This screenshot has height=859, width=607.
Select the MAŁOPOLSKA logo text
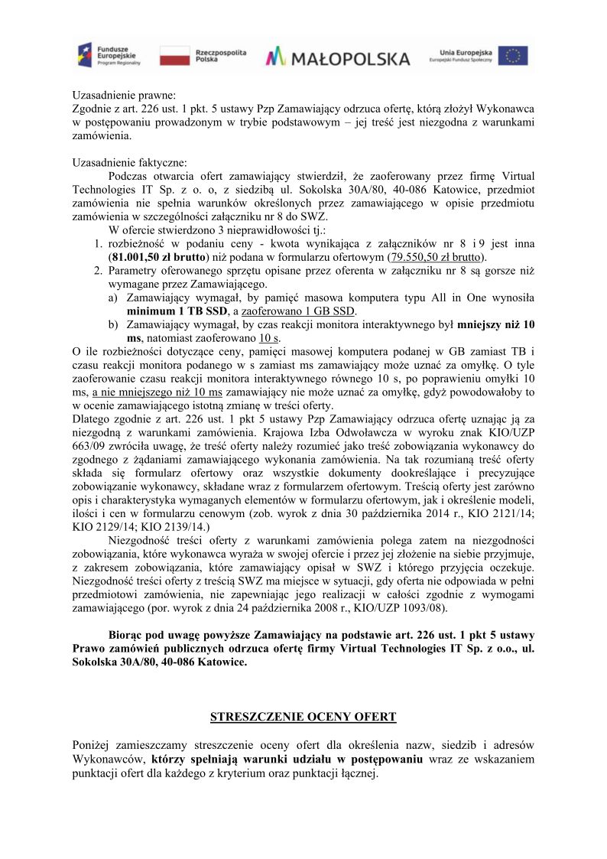click(x=338, y=57)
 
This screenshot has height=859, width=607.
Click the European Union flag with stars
click(x=513, y=56)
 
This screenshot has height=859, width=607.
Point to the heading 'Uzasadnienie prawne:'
click(x=123, y=96)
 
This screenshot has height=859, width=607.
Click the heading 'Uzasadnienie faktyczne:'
click(x=128, y=162)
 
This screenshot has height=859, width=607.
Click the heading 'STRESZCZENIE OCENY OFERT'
click(x=303, y=717)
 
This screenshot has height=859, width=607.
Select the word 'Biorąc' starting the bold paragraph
click(x=127, y=636)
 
